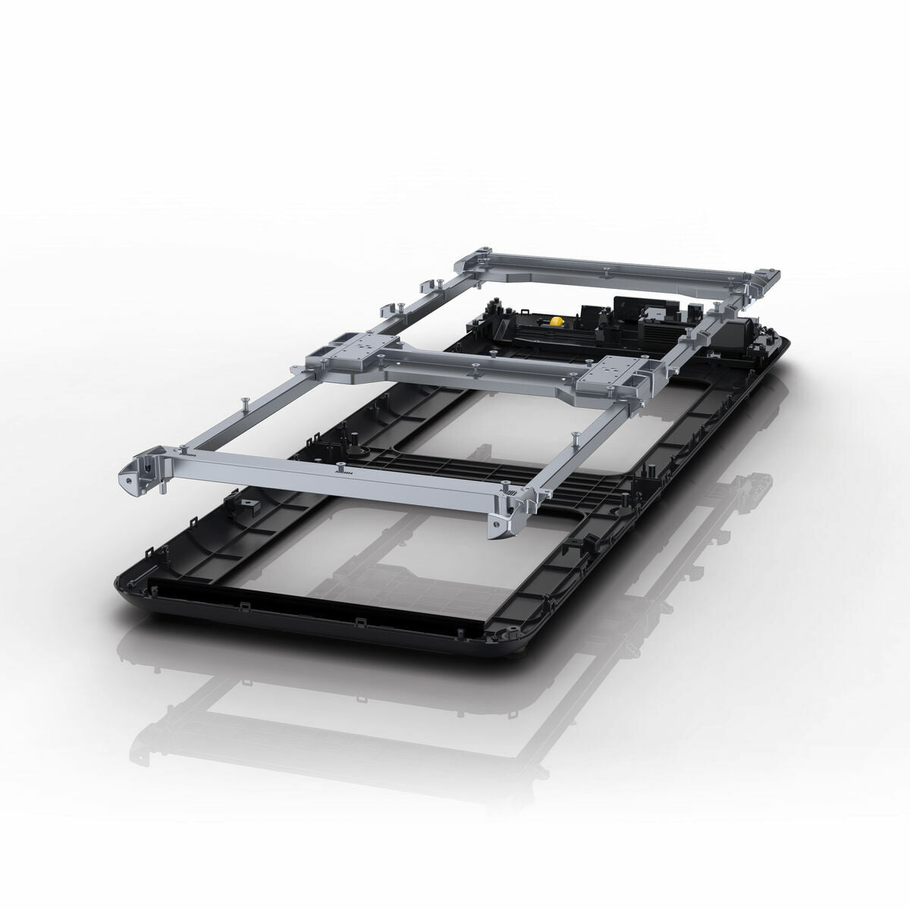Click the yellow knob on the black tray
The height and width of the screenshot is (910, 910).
(x=556, y=321)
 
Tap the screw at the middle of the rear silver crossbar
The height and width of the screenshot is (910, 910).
(x=607, y=269)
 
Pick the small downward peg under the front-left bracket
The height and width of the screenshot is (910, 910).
(x=164, y=491)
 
